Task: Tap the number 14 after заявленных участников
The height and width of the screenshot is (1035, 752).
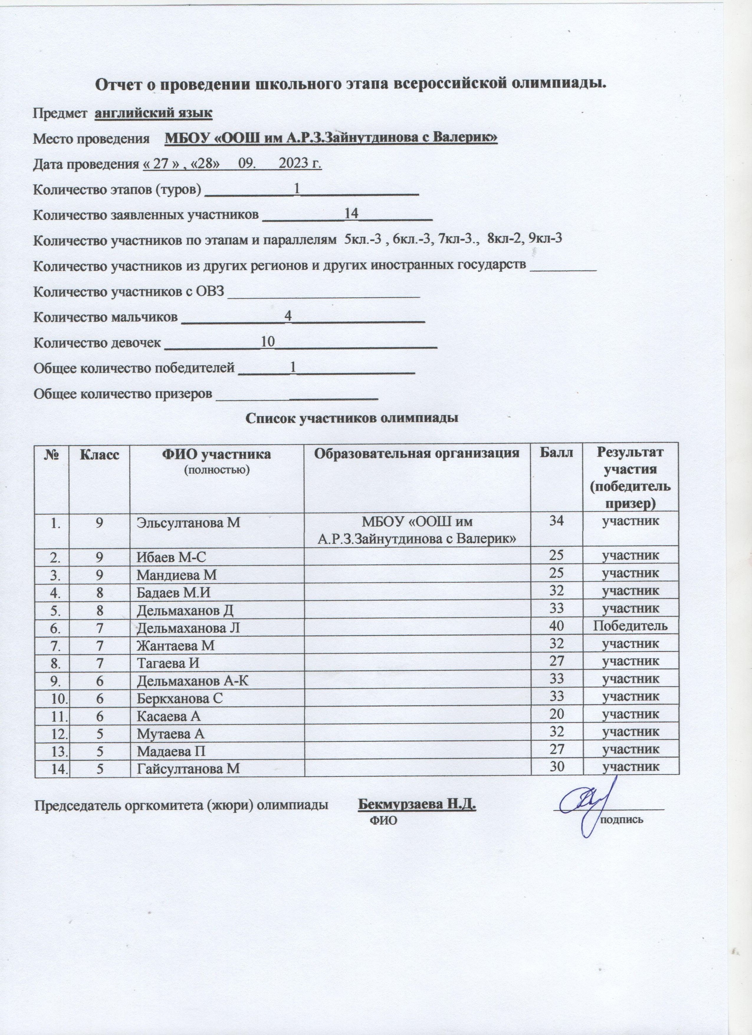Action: click(x=351, y=213)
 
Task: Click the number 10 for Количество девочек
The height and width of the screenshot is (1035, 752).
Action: click(x=267, y=341)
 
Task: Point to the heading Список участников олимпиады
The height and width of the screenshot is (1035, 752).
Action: click(x=352, y=418)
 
